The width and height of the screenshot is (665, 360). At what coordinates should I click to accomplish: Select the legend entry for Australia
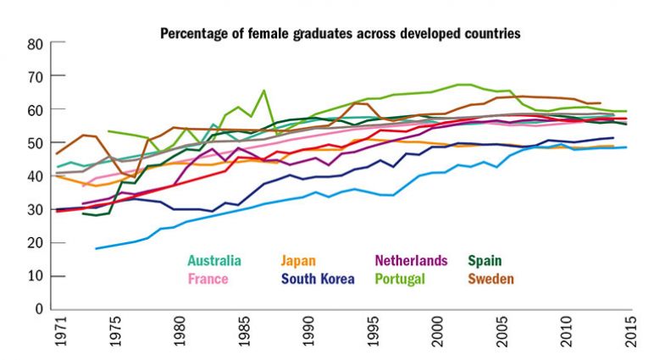pos(214,260)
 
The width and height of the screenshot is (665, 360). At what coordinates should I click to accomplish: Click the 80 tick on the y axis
pos(35,44)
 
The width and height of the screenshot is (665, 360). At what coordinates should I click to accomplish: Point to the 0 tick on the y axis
pos(39,309)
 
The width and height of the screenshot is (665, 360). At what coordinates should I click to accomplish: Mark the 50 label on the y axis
pos(35,143)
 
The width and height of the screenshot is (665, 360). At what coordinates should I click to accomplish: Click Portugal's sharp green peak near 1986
pos(264,90)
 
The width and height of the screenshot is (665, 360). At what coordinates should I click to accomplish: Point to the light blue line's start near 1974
pos(96,248)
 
